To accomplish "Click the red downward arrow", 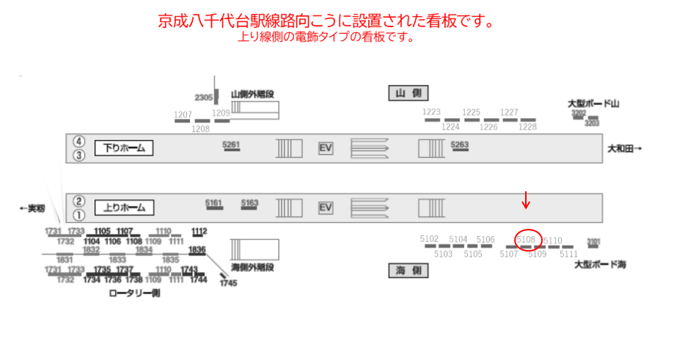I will coord(525,199).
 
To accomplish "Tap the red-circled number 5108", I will coord(527,240).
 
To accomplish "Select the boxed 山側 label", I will coord(408,93).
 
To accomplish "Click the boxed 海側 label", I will coord(408,271).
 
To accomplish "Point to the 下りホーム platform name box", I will coord(124,148).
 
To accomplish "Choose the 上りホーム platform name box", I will coord(124,207).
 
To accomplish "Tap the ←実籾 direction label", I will coord(32,208).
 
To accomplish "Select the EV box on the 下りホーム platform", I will coord(326,148).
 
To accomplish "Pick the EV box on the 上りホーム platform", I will coord(326,207).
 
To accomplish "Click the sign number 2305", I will coord(203,98).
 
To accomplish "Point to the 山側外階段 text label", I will coord(252,94).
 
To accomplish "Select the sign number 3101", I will coord(593,240).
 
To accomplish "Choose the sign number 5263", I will coord(460,144).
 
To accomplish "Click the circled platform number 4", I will coord(79,142).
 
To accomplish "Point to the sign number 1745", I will coord(228,282).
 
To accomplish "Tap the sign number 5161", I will coord(214,203).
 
